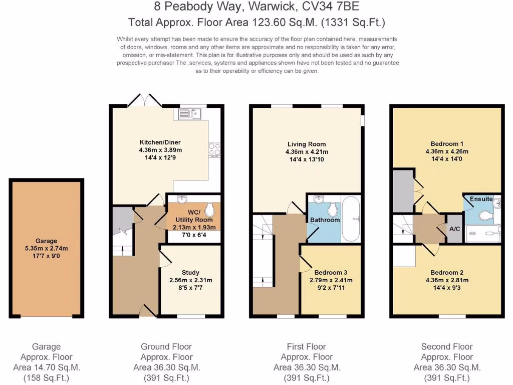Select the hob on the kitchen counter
coord(215,149)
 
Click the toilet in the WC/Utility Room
coord(209,209)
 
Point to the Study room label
coord(190,272)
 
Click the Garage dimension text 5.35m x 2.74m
coord(46,248)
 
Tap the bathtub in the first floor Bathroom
coord(351,219)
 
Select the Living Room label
coord(306,144)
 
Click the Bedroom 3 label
coord(328,272)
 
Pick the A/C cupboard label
coord(455,229)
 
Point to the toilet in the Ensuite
coord(484,216)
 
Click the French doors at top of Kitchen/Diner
coord(145,101)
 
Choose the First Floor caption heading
coord(306,346)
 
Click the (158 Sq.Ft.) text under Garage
coord(46,378)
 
